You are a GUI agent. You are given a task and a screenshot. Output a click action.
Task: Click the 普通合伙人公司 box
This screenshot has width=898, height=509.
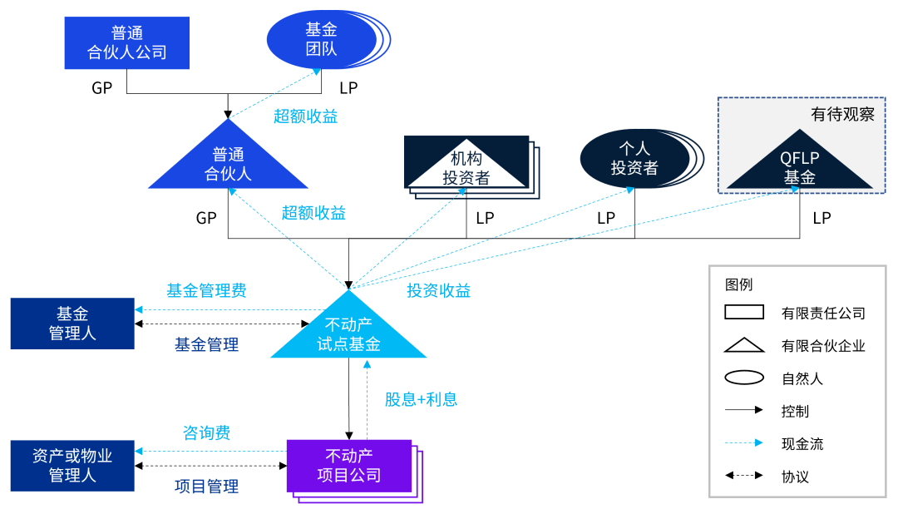pos(127,42)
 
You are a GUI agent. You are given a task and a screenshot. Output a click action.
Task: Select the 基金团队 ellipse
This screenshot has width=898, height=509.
pos(323,40)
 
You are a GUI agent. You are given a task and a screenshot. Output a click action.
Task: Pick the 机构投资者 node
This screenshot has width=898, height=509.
pos(466,165)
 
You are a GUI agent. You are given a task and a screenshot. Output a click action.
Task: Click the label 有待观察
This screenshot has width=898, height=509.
pos(842,115)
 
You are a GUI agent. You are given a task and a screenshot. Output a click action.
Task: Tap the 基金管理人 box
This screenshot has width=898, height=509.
pos(72,324)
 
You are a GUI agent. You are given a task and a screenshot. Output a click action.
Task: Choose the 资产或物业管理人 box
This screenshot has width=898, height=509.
pos(72,466)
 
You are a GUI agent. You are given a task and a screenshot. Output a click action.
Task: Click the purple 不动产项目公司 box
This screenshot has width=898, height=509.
pos(349,466)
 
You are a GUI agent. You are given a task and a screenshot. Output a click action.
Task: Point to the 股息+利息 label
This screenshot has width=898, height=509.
pos(421,399)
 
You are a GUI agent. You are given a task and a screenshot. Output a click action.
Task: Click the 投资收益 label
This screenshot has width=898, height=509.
pos(438,290)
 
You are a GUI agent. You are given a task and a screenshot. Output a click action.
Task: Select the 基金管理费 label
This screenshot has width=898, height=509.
pos(206,290)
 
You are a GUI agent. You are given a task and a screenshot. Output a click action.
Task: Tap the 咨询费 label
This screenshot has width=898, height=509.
pos(206,432)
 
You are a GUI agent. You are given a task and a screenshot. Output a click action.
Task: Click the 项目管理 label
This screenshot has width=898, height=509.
pos(206,487)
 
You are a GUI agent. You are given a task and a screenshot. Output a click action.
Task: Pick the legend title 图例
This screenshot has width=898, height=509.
pos(738,284)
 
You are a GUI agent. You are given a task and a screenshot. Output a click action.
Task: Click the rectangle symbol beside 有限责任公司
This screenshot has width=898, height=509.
pos(744,313)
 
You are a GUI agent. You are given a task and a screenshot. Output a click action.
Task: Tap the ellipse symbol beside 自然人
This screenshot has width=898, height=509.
pos(744,378)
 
